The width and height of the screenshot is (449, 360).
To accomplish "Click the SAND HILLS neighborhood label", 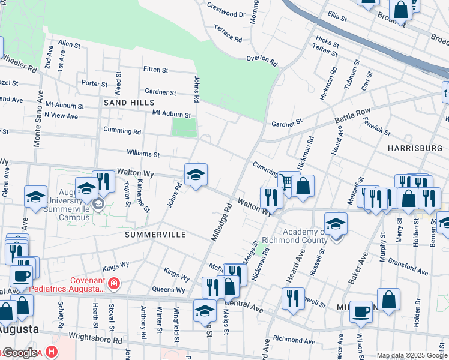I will pyautogui.click(x=125, y=103).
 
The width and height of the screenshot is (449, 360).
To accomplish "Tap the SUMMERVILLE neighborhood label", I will pyautogui.click(x=155, y=235).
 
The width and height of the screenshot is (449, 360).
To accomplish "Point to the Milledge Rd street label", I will pyautogui.click(x=220, y=223).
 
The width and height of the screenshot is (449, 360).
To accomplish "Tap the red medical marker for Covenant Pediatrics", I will pyautogui.click(x=114, y=283).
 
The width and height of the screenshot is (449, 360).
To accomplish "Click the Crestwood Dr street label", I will pyautogui.click(x=226, y=10).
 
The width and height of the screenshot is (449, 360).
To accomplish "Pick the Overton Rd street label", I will pyautogui.click(x=262, y=60).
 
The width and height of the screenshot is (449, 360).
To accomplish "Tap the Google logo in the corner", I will pyautogui.click(x=19, y=353).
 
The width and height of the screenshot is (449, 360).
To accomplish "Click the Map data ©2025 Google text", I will pyautogui.click(x=412, y=355).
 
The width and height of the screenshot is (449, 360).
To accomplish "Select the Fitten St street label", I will pyautogui.click(x=155, y=70).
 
